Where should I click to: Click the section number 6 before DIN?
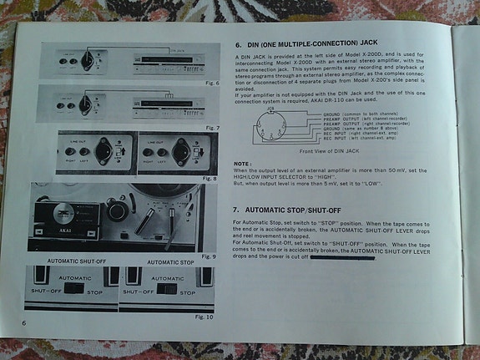[x=237, y=44]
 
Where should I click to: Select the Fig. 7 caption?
[x=210, y=127]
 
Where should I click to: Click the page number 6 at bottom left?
[x=25, y=322]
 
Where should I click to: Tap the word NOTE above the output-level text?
[x=242, y=163]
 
